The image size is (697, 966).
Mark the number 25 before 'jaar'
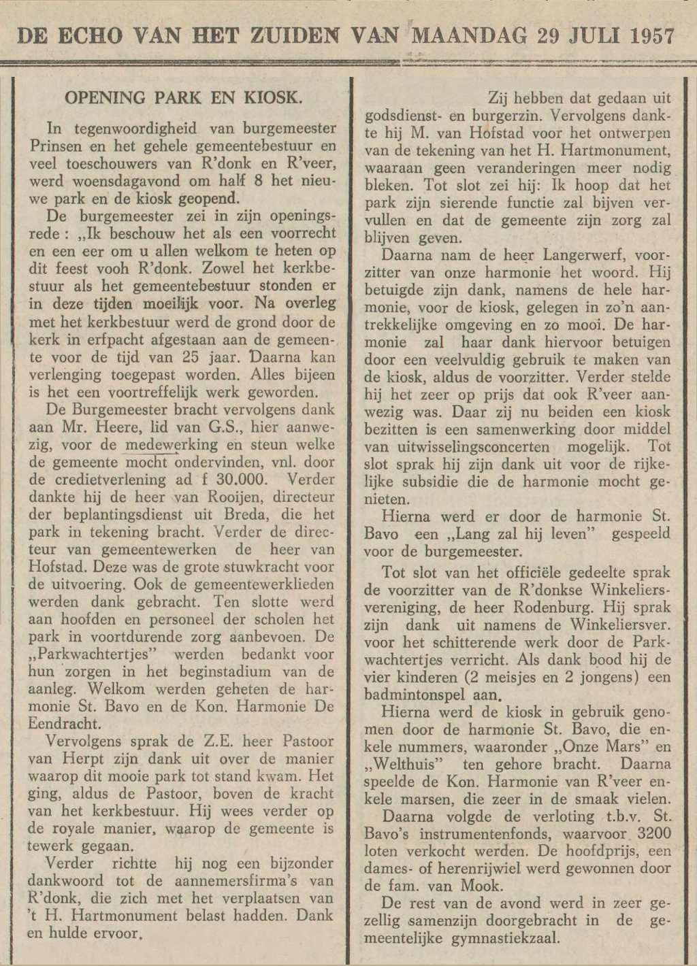tap(191, 357)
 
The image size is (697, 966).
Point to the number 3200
tap(651, 833)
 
